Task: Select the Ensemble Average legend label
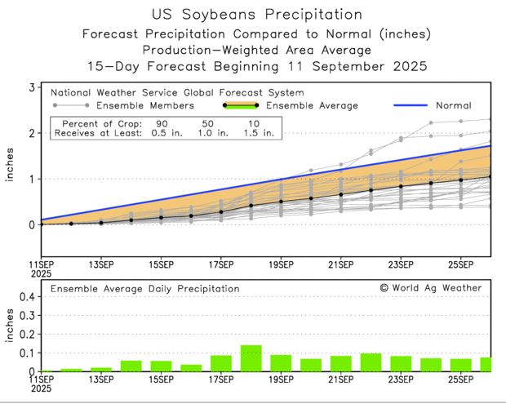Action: (x=311, y=105)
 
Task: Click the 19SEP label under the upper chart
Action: (x=281, y=264)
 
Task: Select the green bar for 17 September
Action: (x=221, y=363)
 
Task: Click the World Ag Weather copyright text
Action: (x=430, y=288)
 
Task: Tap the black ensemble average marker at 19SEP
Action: (x=281, y=202)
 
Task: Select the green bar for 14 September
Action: (x=131, y=366)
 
